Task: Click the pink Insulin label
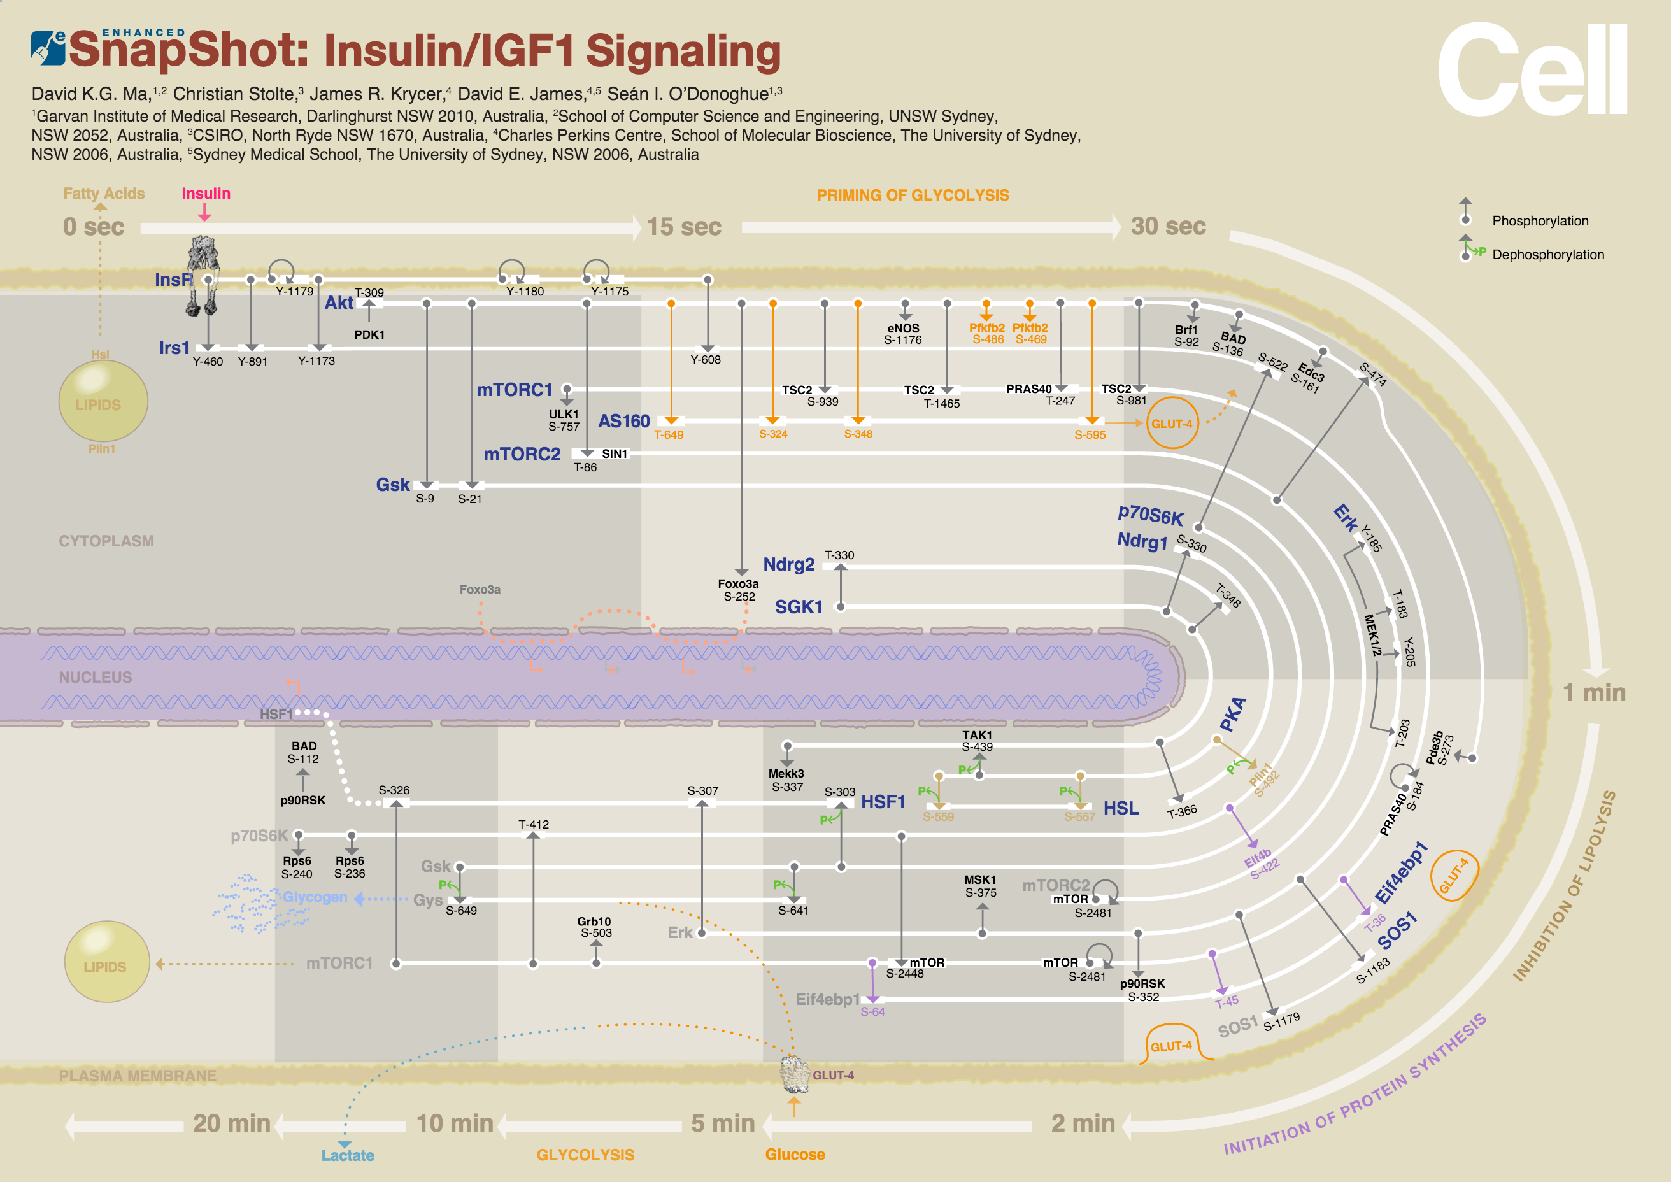(206, 194)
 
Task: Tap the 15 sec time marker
(683, 227)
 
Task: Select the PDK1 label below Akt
(369, 335)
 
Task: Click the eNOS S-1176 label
(903, 334)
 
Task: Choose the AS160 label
(623, 422)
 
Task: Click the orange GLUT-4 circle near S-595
(1172, 423)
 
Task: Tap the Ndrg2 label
(788, 565)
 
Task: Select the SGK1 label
(799, 607)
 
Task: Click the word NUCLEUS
(96, 678)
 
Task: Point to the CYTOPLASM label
(106, 541)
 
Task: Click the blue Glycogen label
(315, 897)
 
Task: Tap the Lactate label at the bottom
(348, 1155)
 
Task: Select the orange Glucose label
(795, 1155)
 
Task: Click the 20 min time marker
(231, 1124)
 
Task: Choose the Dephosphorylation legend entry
(1547, 255)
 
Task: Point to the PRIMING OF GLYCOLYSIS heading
(913, 195)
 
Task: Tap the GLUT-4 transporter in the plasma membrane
(795, 1074)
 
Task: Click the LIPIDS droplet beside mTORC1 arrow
(106, 962)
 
